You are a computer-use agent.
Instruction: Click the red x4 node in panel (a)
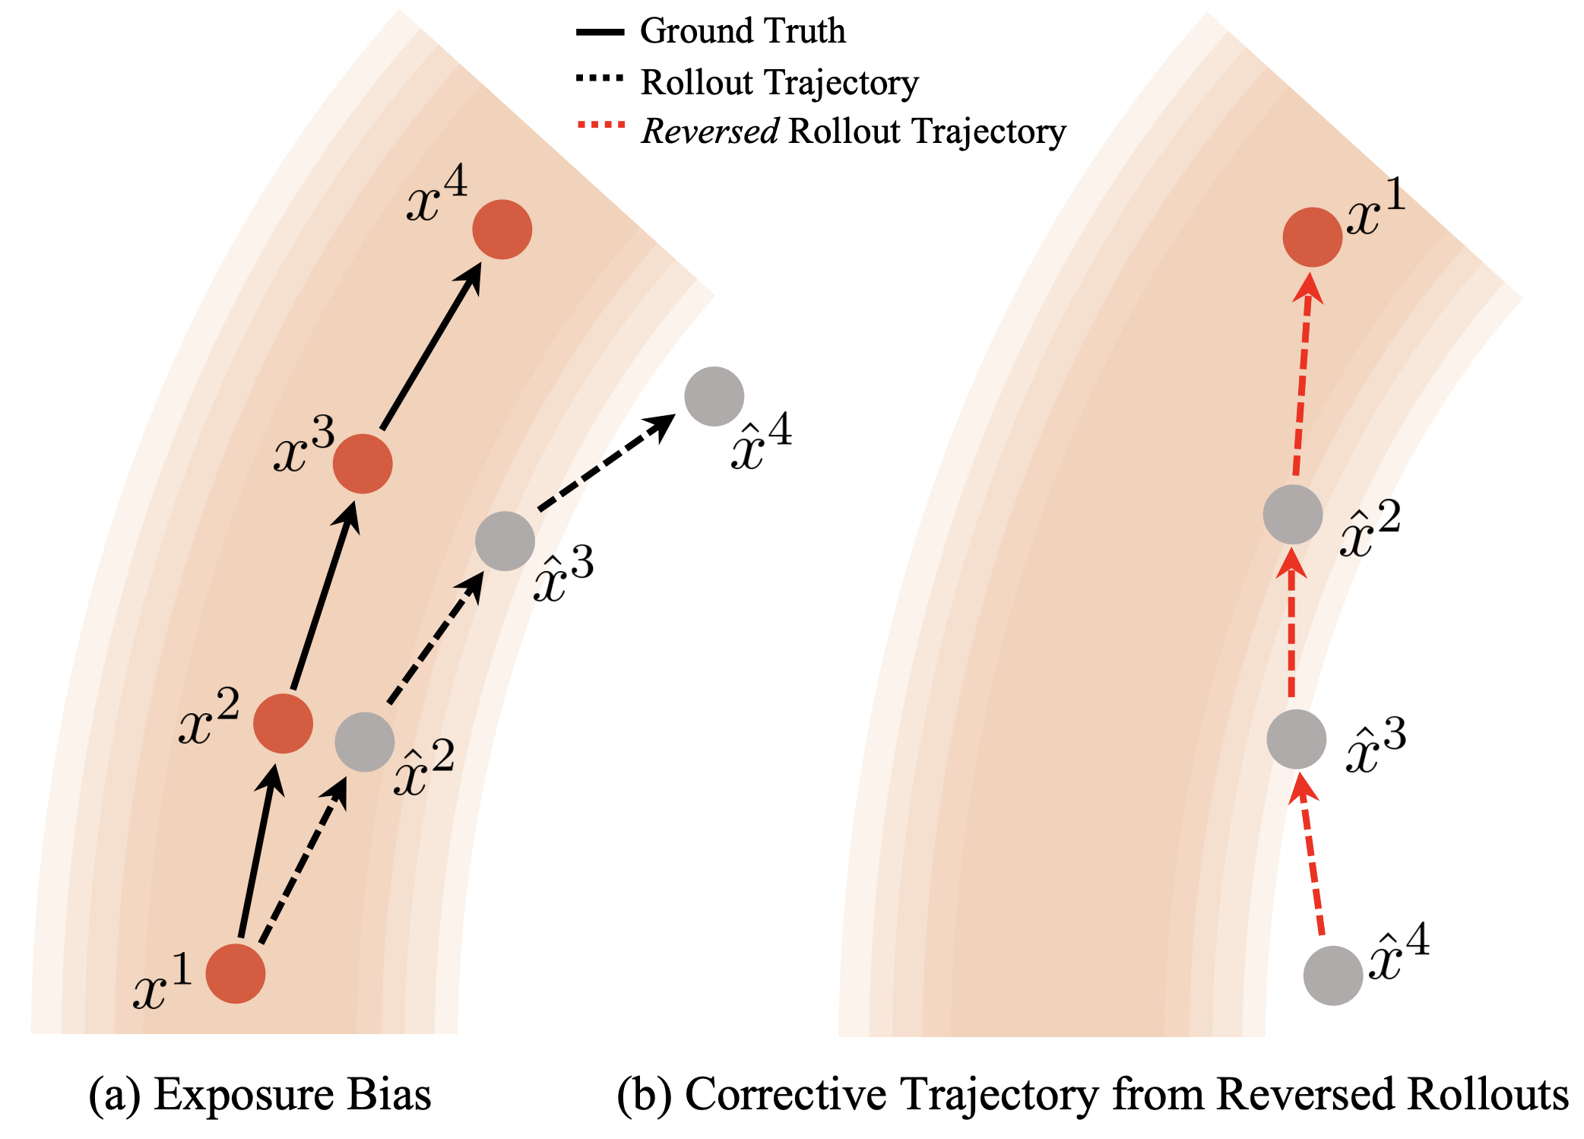click(502, 229)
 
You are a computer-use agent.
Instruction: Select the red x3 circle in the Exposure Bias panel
click(363, 464)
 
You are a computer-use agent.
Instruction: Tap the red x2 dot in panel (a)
click(283, 723)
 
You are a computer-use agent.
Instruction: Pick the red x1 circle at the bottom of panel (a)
click(236, 974)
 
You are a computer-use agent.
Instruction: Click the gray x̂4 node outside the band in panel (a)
click(714, 396)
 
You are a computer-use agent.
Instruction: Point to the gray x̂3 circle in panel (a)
click(505, 541)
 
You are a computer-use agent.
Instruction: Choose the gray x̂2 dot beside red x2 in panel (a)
click(365, 742)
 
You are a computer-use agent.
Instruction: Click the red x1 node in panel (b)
click(1312, 237)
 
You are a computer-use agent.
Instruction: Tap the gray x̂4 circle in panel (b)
click(1332, 976)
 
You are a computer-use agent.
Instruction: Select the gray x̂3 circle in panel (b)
click(1296, 740)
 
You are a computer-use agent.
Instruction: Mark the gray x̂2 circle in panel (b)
click(1293, 515)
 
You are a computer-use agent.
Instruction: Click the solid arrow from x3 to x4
click(431, 346)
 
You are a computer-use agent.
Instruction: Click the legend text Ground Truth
click(743, 31)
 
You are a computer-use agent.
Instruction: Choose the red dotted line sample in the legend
click(600, 125)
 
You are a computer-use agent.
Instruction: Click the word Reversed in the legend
click(710, 132)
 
